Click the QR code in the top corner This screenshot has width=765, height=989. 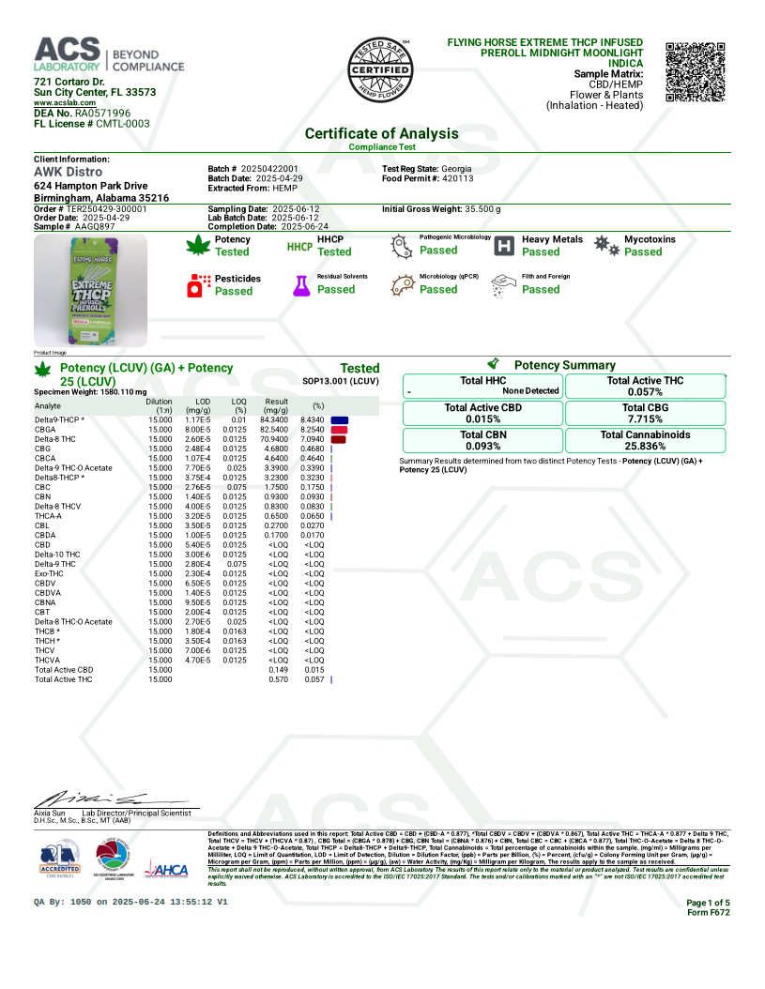(696, 72)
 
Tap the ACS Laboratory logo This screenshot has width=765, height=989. (109, 56)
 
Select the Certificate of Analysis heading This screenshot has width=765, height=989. (381, 133)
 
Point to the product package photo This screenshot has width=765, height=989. (90, 290)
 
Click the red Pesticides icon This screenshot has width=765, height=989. (199, 286)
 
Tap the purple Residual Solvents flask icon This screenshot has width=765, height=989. (300, 286)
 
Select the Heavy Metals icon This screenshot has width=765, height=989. (505, 247)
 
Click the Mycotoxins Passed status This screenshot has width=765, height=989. (643, 251)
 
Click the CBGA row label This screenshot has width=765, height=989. (45, 429)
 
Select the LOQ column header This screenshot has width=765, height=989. (239, 405)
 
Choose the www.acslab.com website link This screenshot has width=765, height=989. (63, 102)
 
